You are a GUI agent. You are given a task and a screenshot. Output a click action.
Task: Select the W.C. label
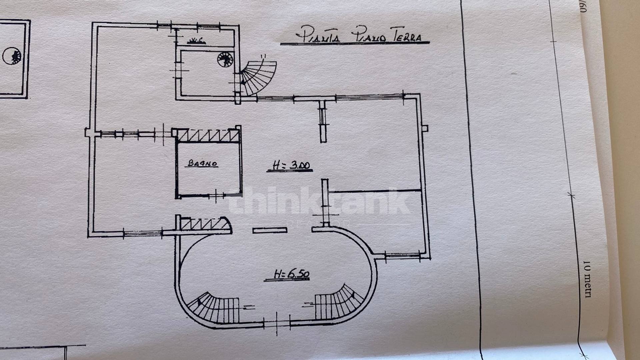(x=196, y=41)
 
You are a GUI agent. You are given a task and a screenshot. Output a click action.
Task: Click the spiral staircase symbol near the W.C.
(x=225, y=60)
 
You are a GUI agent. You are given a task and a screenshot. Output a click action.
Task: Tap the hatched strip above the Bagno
(x=207, y=135)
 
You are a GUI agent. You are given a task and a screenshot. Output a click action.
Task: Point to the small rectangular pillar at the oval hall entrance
(x=270, y=230)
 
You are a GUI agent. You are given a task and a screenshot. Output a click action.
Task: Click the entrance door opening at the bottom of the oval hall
(x=277, y=323)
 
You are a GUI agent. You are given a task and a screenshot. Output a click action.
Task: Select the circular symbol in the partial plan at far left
(x=12, y=56)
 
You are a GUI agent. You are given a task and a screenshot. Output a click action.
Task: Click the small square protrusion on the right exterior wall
(x=425, y=128)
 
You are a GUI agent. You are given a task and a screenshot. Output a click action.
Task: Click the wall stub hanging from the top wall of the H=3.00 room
(x=322, y=121)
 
